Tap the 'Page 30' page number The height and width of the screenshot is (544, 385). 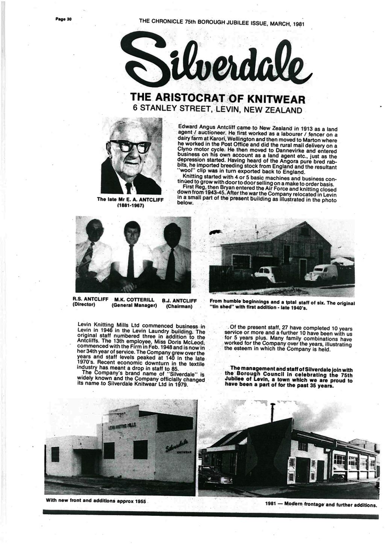[63, 19]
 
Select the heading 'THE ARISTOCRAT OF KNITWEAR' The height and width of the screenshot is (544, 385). [217, 98]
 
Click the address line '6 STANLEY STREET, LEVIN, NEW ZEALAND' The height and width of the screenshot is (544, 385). [217, 109]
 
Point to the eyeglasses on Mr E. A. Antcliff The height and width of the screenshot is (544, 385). [131, 146]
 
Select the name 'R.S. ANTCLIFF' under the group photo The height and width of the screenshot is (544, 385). [90, 300]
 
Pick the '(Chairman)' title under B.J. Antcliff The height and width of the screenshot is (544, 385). [179, 307]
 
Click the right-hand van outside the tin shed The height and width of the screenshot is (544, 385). [321, 273]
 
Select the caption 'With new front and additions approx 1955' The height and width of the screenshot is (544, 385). [96, 501]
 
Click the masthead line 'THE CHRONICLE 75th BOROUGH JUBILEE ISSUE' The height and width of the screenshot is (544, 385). [221, 22]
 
